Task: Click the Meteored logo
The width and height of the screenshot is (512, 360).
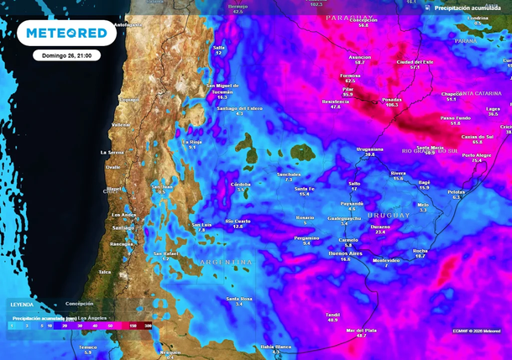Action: coord(66,33)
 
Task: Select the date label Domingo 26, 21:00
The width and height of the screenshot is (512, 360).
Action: coord(67,55)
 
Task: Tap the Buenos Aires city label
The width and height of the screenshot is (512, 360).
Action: coord(344,253)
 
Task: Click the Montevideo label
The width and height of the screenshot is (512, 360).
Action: coord(386,259)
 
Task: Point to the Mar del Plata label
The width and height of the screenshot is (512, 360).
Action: coord(361,330)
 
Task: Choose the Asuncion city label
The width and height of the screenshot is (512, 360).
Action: coord(359,57)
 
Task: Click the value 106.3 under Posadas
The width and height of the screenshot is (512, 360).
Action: coord(391,105)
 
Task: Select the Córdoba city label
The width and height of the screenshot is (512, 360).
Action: coord(241,184)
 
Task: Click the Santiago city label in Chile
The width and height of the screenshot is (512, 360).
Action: coord(123,227)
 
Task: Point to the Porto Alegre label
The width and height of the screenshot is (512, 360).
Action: coord(476,155)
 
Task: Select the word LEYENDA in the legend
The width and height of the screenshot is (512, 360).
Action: coord(22,305)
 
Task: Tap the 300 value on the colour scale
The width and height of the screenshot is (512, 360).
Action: coord(148,325)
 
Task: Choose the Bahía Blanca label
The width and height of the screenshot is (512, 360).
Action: coord(276,346)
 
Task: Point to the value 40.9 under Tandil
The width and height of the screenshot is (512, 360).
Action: coord(332,320)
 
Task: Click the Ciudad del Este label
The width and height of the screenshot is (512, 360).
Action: coord(415,61)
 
